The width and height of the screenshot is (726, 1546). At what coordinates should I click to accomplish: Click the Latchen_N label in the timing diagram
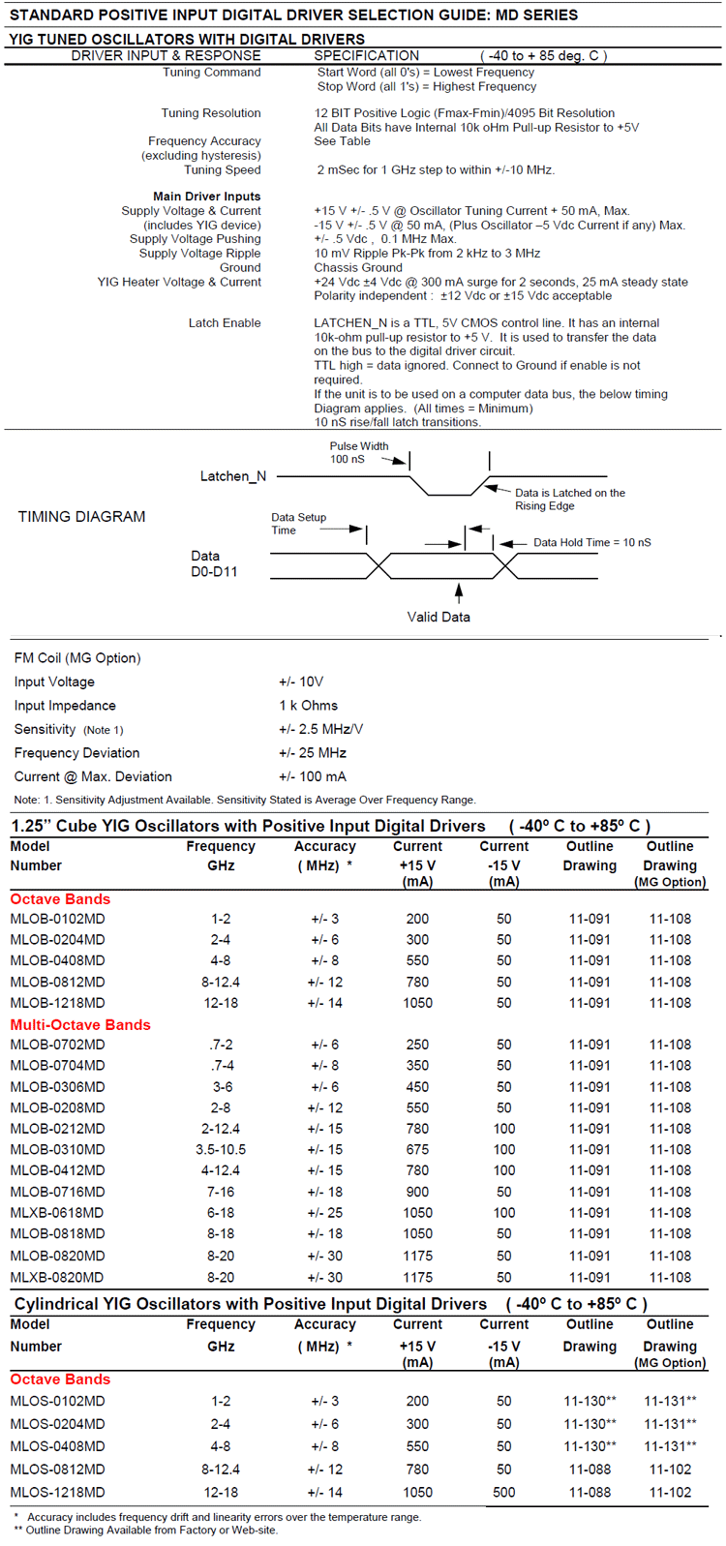tap(232, 476)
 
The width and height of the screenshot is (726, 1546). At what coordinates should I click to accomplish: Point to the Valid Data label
tap(439, 617)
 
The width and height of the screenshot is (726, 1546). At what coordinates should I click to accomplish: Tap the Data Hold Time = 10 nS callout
tap(591, 542)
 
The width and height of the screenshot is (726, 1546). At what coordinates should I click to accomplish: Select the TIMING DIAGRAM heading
tap(81, 517)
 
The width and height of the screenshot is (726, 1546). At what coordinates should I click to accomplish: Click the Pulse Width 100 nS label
tap(358, 452)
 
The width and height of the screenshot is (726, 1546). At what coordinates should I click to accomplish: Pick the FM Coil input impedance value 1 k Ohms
tap(308, 706)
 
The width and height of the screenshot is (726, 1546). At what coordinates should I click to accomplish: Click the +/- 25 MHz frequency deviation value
tap(312, 753)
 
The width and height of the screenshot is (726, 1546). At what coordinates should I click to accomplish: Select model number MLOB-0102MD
tap(57, 919)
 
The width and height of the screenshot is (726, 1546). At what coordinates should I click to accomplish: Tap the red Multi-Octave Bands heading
tap(80, 1025)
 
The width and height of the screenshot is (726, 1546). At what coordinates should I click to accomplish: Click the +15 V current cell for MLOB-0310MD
tap(417, 1150)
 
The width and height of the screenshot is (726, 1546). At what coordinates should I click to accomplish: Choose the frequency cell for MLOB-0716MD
tap(221, 1192)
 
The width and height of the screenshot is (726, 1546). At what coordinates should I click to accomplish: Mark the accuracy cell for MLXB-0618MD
tap(324, 1213)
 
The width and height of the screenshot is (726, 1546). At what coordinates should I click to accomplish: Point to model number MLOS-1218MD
tap(57, 1492)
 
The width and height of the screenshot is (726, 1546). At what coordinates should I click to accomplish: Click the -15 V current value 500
tap(503, 1492)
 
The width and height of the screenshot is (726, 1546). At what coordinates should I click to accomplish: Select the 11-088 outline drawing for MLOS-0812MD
tap(590, 1470)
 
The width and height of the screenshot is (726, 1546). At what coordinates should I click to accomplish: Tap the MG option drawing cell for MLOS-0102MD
tap(670, 1401)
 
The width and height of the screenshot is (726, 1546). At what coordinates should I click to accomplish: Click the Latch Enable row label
tap(225, 323)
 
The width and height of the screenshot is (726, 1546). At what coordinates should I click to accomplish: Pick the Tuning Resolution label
tap(211, 113)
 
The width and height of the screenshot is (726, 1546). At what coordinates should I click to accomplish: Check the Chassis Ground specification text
tap(358, 268)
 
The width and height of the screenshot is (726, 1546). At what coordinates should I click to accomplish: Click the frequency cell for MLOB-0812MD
tap(221, 982)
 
